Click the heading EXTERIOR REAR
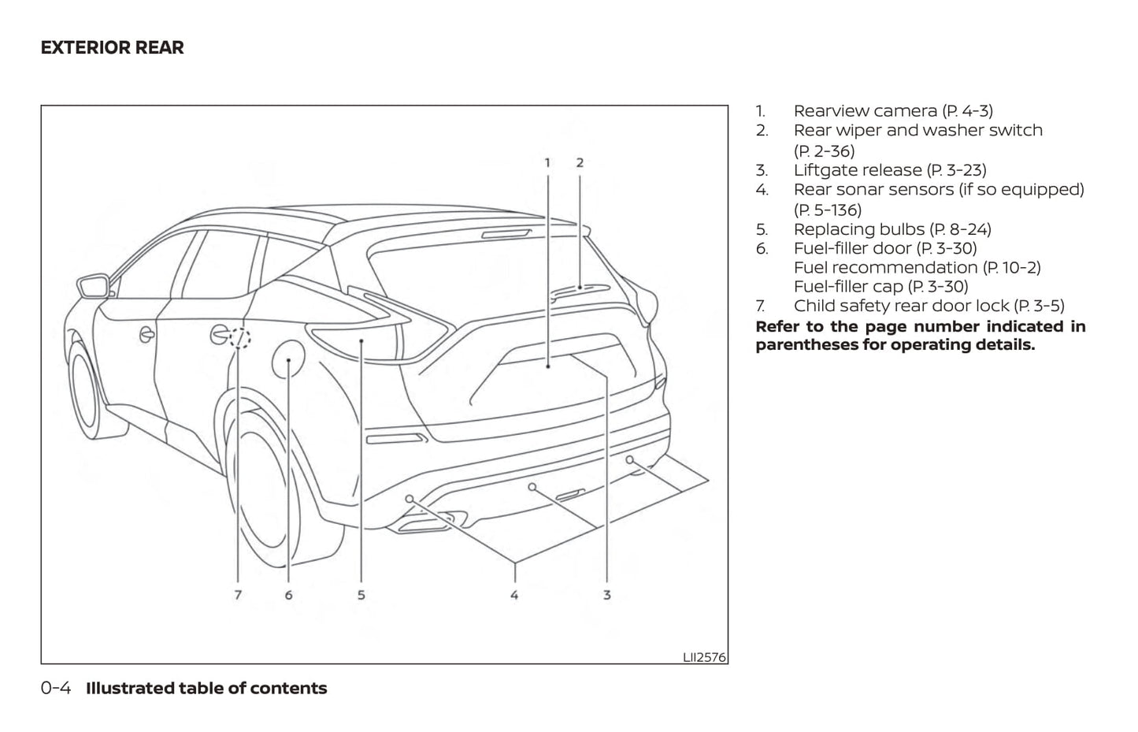point(112,48)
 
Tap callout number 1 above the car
point(547,163)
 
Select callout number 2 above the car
point(580,163)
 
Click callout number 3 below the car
point(606,595)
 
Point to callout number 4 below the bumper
point(514,595)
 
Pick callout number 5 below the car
point(361,595)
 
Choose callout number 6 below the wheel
point(288,595)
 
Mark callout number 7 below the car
point(238,595)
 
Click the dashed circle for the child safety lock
point(240,339)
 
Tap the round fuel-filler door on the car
point(288,359)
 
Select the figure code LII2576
point(704,656)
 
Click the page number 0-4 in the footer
point(56,689)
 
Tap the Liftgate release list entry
point(889,170)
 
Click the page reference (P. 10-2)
point(1011,268)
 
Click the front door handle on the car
point(147,334)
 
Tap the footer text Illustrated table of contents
point(206,689)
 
